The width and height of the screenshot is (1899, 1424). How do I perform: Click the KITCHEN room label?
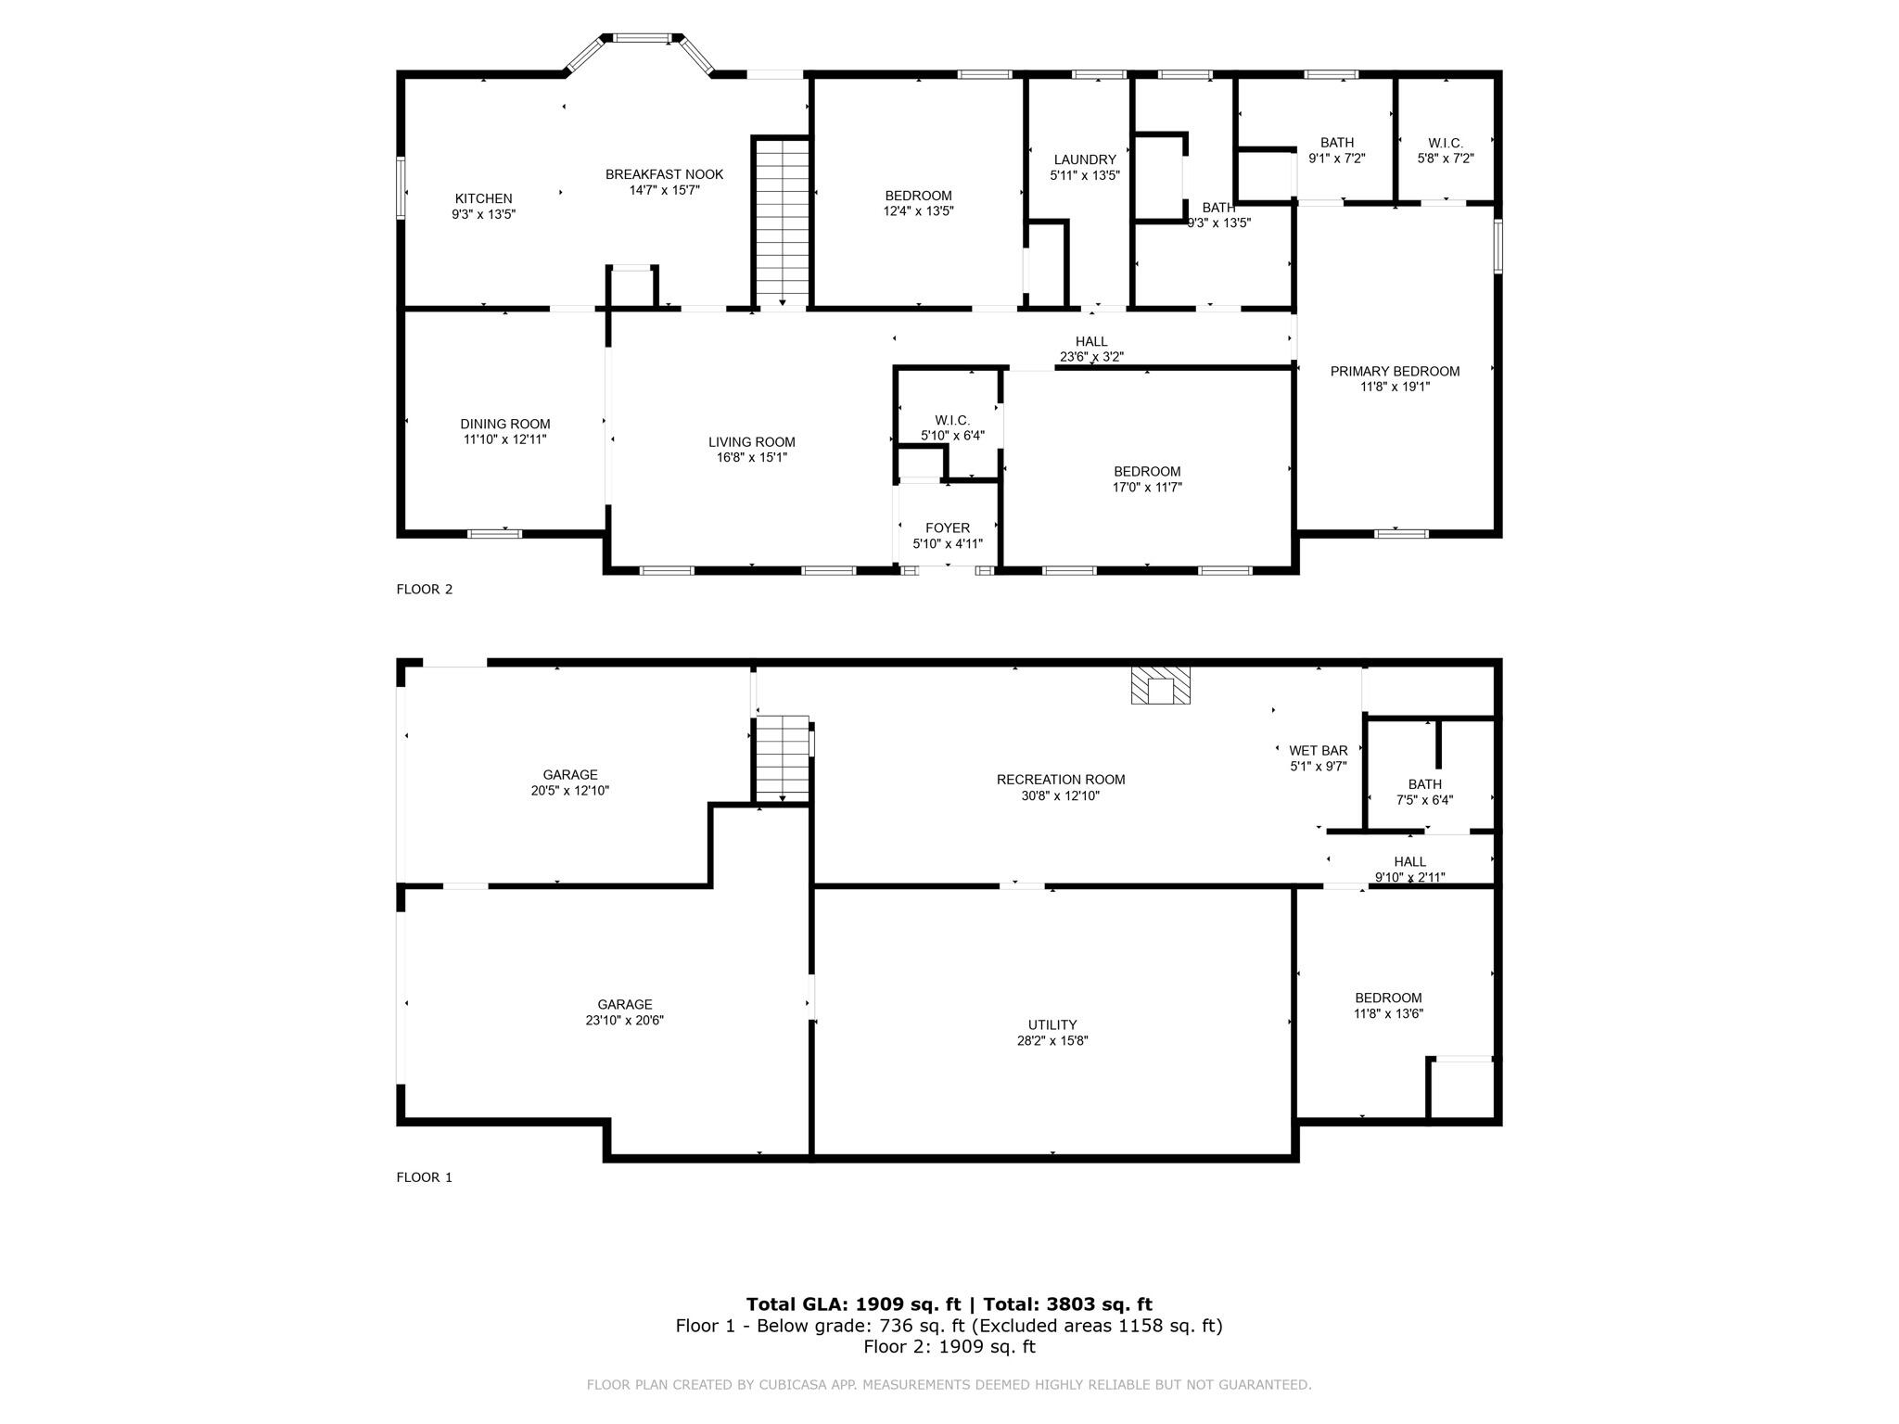click(x=483, y=198)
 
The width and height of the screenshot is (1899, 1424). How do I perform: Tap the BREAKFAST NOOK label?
click(x=664, y=174)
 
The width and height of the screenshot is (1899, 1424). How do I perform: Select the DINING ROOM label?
click(x=505, y=424)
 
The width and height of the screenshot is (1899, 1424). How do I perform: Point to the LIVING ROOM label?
click(x=752, y=442)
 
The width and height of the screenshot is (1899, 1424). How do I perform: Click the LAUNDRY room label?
click(x=1085, y=159)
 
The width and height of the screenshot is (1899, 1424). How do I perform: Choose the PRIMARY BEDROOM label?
click(x=1395, y=371)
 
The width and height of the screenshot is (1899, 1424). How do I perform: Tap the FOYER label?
click(x=948, y=528)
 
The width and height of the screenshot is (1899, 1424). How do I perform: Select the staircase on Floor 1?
click(x=784, y=758)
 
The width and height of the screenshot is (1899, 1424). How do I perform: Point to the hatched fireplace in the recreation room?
click(x=1160, y=685)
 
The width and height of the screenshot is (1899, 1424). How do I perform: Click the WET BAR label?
click(x=1319, y=750)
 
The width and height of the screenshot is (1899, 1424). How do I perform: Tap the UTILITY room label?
click(x=1052, y=1024)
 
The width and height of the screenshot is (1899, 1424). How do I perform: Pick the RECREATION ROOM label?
click(x=1061, y=780)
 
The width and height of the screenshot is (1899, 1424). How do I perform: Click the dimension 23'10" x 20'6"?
click(x=625, y=1020)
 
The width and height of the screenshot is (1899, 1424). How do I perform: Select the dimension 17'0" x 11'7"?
click(x=1147, y=487)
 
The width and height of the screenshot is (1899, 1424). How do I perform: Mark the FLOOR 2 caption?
click(x=425, y=589)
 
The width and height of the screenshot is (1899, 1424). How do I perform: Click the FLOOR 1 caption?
click(x=425, y=1177)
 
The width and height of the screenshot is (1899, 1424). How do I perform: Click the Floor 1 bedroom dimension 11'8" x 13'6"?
click(x=1388, y=1013)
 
